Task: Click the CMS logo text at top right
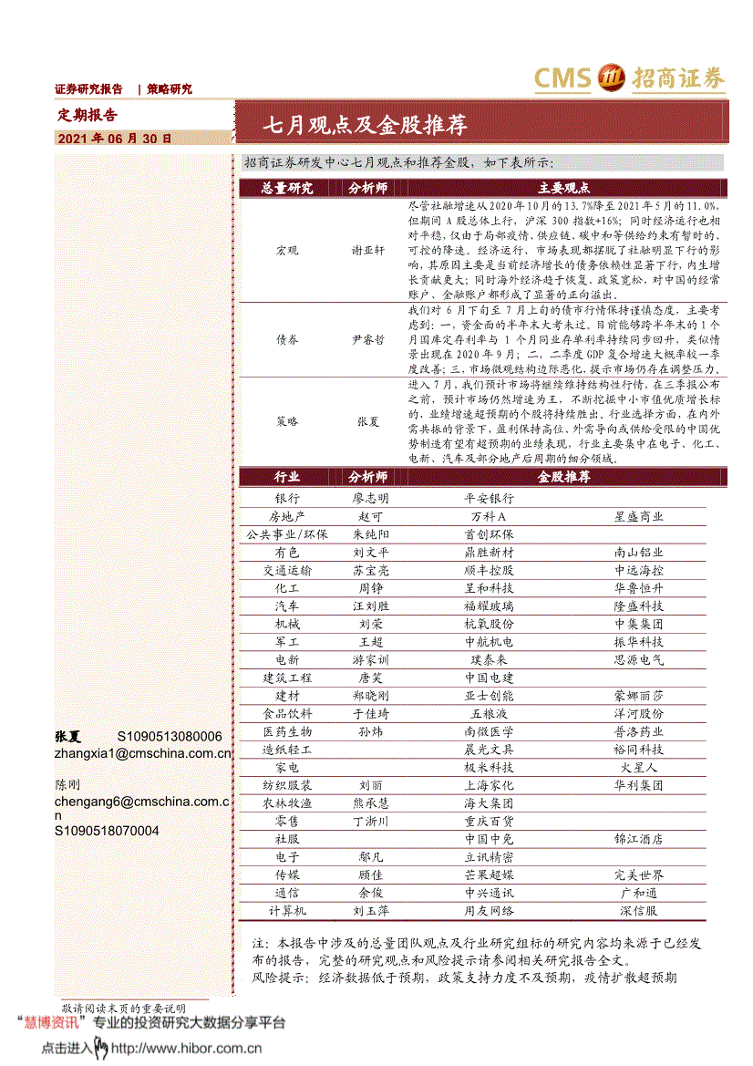(x=562, y=78)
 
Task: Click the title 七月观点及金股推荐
(x=365, y=125)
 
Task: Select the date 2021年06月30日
(x=114, y=139)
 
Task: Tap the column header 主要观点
(x=563, y=188)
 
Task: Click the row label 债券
(x=286, y=338)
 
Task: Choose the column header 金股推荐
(x=563, y=477)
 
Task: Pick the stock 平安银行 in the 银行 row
(x=489, y=499)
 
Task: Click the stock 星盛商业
(x=638, y=516)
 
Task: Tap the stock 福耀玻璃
(x=489, y=605)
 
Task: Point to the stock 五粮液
(x=489, y=713)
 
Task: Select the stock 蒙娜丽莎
(x=638, y=695)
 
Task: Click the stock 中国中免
(x=489, y=839)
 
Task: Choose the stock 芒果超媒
(x=489, y=875)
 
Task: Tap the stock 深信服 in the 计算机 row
(x=638, y=910)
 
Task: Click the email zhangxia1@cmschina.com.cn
(x=143, y=753)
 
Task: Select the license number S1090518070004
(x=107, y=831)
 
